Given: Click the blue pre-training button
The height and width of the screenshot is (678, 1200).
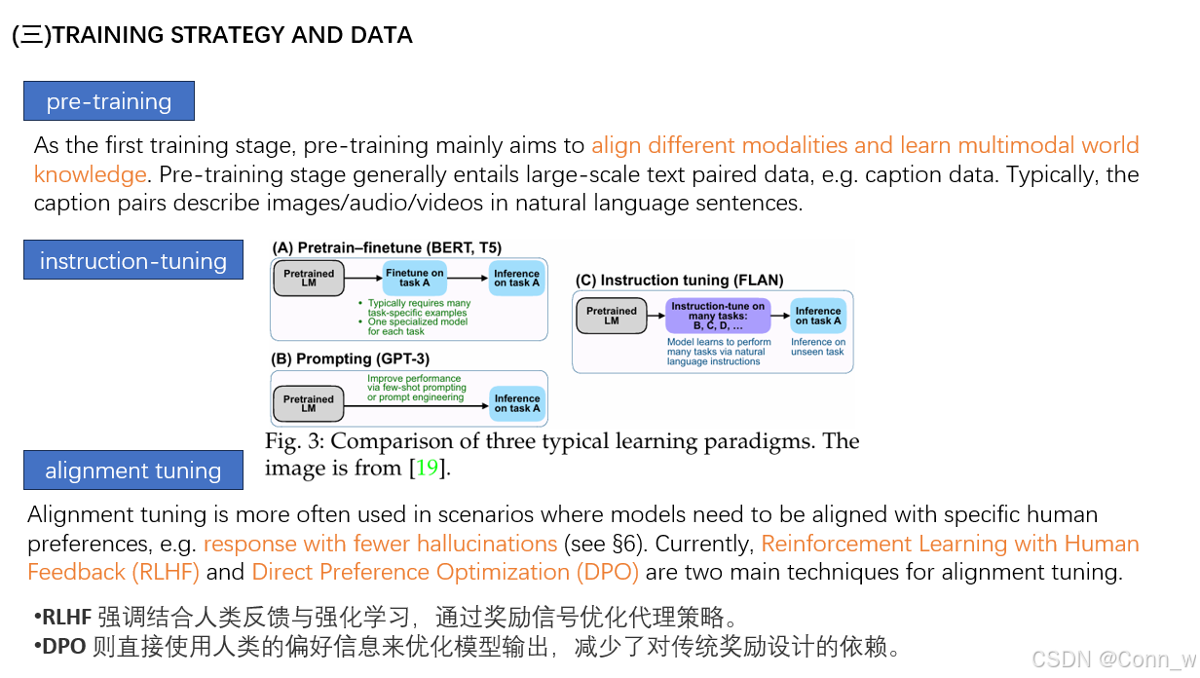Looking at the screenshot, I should [109, 101].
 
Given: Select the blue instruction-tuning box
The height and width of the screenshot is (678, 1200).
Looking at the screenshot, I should [133, 260].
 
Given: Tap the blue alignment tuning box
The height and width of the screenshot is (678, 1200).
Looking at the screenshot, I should [133, 471].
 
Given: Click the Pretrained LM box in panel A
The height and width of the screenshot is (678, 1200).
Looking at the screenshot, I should [309, 279].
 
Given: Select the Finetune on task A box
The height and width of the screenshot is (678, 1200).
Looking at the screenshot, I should [414, 278].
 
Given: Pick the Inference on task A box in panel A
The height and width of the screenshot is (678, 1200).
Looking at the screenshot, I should [516, 278].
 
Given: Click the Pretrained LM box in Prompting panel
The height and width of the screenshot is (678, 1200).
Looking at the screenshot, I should [309, 403].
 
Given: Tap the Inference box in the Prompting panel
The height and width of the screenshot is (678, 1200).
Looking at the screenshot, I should [516, 403].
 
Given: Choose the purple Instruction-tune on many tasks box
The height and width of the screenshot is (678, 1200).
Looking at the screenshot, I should [718, 316].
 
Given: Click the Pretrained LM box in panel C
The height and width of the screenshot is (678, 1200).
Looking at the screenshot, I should [612, 316].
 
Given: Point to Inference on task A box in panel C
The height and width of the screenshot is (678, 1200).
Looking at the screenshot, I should [817, 316].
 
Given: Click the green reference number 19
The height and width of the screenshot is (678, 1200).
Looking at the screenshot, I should [427, 468].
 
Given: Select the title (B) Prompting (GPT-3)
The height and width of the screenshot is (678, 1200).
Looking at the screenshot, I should [351, 359].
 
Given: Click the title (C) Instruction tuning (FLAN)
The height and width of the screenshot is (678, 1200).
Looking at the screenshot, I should [679, 281].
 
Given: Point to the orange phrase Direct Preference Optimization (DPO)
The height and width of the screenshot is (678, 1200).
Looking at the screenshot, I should [445, 572].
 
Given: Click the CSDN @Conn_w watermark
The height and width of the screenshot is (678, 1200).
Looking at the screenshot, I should [1112, 659].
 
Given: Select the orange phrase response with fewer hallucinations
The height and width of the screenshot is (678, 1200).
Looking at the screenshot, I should [380, 544].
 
